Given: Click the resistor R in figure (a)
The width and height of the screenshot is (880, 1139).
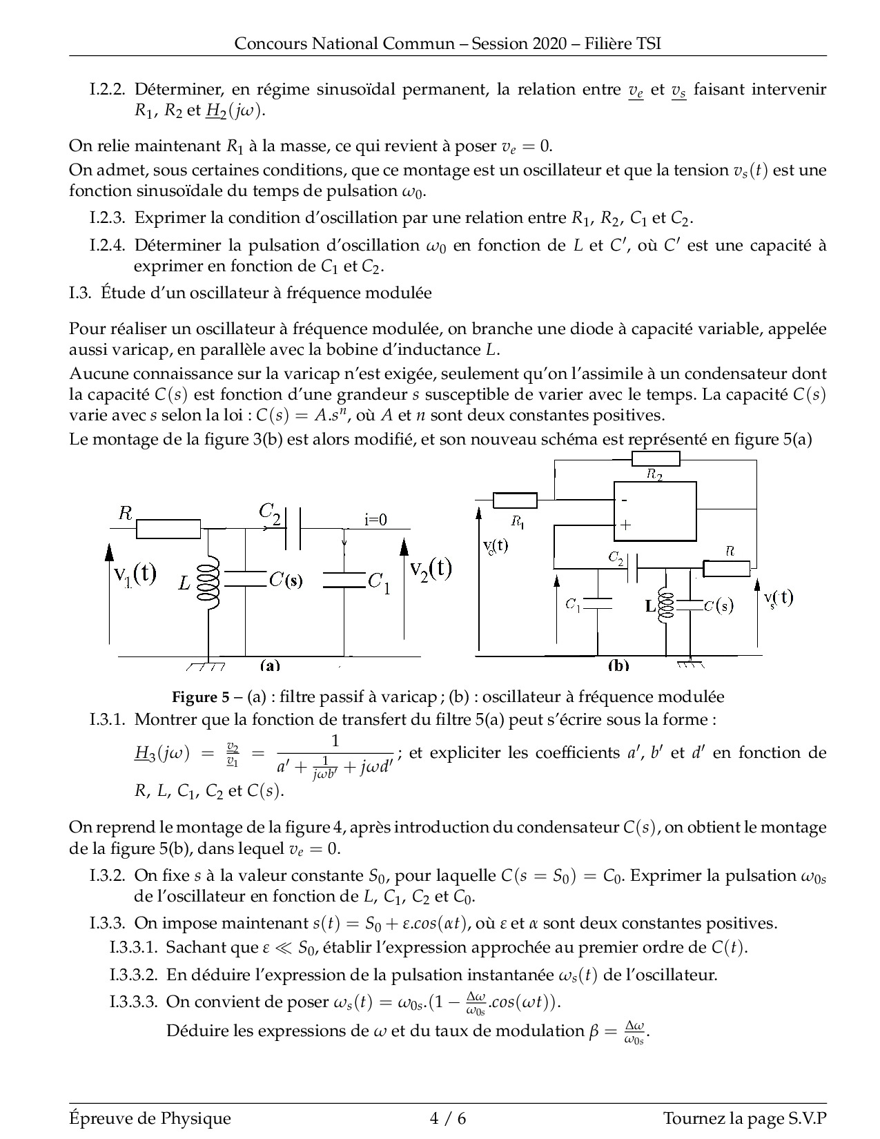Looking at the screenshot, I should (168, 529).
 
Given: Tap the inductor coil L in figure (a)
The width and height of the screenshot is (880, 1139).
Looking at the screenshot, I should (208, 583).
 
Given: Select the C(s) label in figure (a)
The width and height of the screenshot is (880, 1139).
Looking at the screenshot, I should (285, 580).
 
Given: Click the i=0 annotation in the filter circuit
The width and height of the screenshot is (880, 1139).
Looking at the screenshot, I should (376, 520).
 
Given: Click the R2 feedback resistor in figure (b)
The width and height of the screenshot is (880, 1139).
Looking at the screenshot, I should (656, 459).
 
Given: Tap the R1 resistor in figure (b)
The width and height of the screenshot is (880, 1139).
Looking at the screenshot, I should (515, 500).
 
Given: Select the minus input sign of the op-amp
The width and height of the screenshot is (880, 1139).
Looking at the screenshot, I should (623, 500).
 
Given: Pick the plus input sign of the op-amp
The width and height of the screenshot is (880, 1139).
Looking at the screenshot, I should (625, 525).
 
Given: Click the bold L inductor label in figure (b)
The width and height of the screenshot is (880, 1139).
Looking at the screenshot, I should (650, 606).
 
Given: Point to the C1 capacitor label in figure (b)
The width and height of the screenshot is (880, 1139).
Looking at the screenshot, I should (573, 605).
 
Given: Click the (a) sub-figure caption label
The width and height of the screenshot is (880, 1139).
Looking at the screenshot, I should (270, 665).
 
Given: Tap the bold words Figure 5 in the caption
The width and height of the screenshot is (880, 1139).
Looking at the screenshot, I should (200, 697).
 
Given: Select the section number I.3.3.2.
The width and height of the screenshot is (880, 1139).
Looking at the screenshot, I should (134, 975).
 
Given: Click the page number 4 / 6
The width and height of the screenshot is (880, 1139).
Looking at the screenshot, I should (448, 1118).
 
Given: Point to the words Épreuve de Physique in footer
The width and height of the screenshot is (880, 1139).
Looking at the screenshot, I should (150, 1118).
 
